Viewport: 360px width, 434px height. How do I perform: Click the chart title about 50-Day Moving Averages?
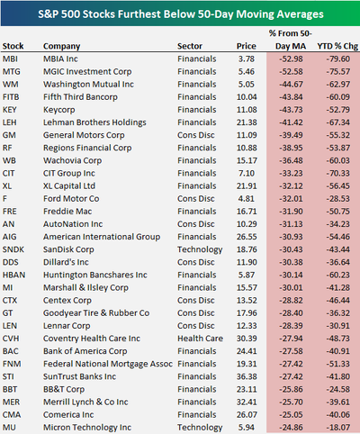pyautogui.click(x=181, y=14)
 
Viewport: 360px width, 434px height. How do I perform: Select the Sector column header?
pyautogui.click(x=190, y=46)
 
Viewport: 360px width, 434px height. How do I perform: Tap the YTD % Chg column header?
pyautogui.click(x=337, y=46)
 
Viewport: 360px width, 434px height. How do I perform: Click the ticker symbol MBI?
pyautogui.click(x=10, y=59)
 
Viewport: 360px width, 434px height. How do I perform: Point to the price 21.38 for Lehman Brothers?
pyautogui.click(x=247, y=122)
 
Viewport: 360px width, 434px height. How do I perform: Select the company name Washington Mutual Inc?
pyautogui.click(x=88, y=85)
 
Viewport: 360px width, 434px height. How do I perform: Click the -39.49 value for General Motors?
pyautogui.click(x=291, y=135)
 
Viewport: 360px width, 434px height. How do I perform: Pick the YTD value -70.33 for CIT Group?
pyautogui.click(x=338, y=173)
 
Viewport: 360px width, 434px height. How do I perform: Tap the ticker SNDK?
pyautogui.click(x=13, y=249)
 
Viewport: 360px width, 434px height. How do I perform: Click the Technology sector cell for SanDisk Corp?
pyautogui.click(x=200, y=249)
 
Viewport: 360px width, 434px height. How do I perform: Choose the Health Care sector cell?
pyautogui.click(x=200, y=339)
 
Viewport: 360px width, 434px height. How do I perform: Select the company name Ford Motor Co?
pyautogui.click(x=71, y=199)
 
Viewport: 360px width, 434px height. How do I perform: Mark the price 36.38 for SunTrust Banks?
pyautogui.click(x=247, y=376)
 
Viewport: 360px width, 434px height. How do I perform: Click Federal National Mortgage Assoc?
pyautogui.click(x=108, y=364)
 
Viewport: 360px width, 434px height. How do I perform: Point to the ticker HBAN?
pyautogui.click(x=13, y=275)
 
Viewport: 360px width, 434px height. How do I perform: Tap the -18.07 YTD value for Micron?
pyautogui.click(x=338, y=428)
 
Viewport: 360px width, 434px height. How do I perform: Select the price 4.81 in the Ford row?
pyautogui.click(x=247, y=199)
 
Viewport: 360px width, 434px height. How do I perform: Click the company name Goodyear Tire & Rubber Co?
pyautogui.click(x=96, y=313)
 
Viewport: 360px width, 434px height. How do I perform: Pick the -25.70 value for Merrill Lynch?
pyautogui.click(x=291, y=402)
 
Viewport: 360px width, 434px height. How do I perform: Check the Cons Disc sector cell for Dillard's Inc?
pyautogui.click(x=196, y=262)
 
